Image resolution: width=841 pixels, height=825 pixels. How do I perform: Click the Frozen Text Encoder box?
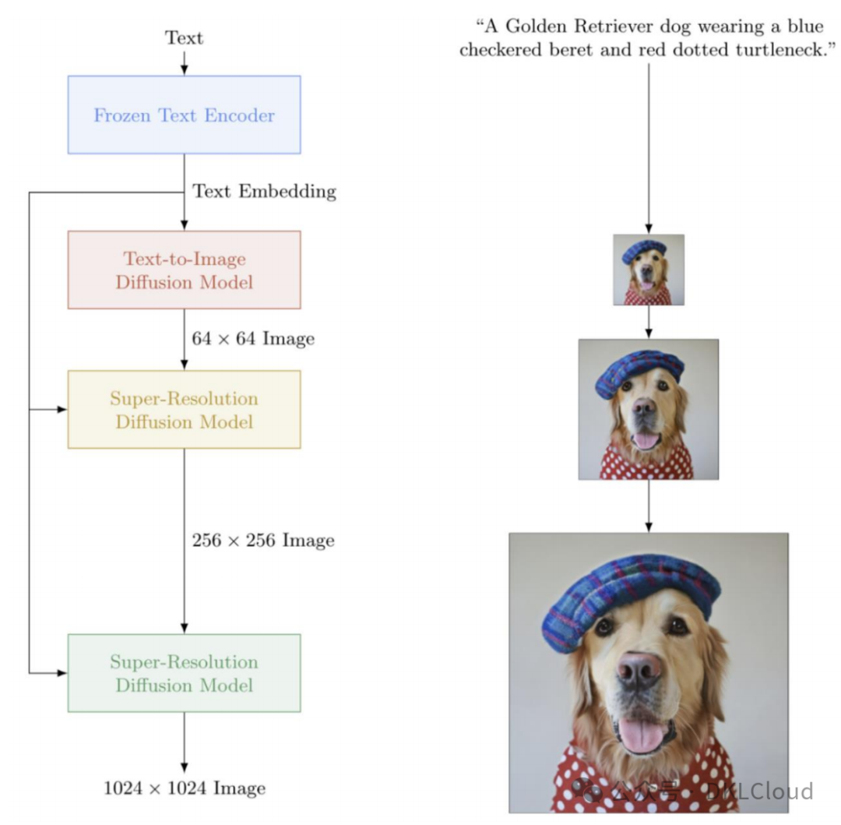(184, 115)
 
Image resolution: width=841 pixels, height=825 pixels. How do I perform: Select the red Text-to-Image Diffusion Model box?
(184, 270)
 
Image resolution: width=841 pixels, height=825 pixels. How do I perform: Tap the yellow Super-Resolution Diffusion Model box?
(184, 410)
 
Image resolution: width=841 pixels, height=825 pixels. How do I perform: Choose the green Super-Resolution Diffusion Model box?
(184, 673)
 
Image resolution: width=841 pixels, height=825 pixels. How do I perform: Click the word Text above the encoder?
(184, 37)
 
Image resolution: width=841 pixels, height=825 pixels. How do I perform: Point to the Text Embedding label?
(264, 191)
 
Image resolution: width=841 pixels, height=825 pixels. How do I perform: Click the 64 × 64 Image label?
(253, 339)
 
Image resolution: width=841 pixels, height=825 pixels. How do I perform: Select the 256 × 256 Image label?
(263, 540)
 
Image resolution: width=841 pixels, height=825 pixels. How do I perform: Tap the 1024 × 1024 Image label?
(185, 788)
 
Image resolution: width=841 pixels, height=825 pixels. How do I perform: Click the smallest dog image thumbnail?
(649, 270)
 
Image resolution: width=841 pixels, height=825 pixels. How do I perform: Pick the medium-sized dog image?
(649, 409)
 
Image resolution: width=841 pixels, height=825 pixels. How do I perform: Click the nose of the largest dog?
(639, 668)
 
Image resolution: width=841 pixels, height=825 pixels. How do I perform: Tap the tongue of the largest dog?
(640, 734)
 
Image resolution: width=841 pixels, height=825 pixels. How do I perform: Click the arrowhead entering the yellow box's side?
(62, 409)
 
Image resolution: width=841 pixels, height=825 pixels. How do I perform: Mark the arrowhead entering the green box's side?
(62, 672)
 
